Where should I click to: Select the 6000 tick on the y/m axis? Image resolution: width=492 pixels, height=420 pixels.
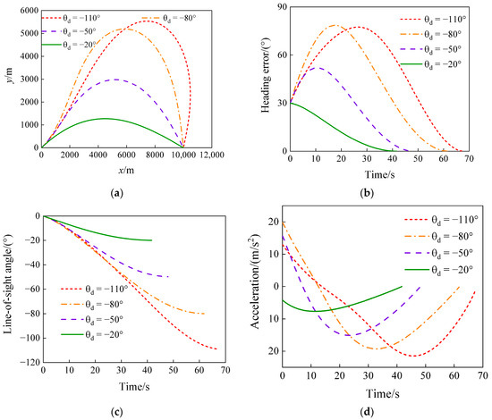coord(27,8)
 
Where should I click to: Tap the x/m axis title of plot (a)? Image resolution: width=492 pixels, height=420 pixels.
coord(118,170)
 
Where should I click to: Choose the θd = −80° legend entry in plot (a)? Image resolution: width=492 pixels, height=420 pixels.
coord(187,18)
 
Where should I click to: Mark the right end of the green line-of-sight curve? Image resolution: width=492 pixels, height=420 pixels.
coord(152,240)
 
